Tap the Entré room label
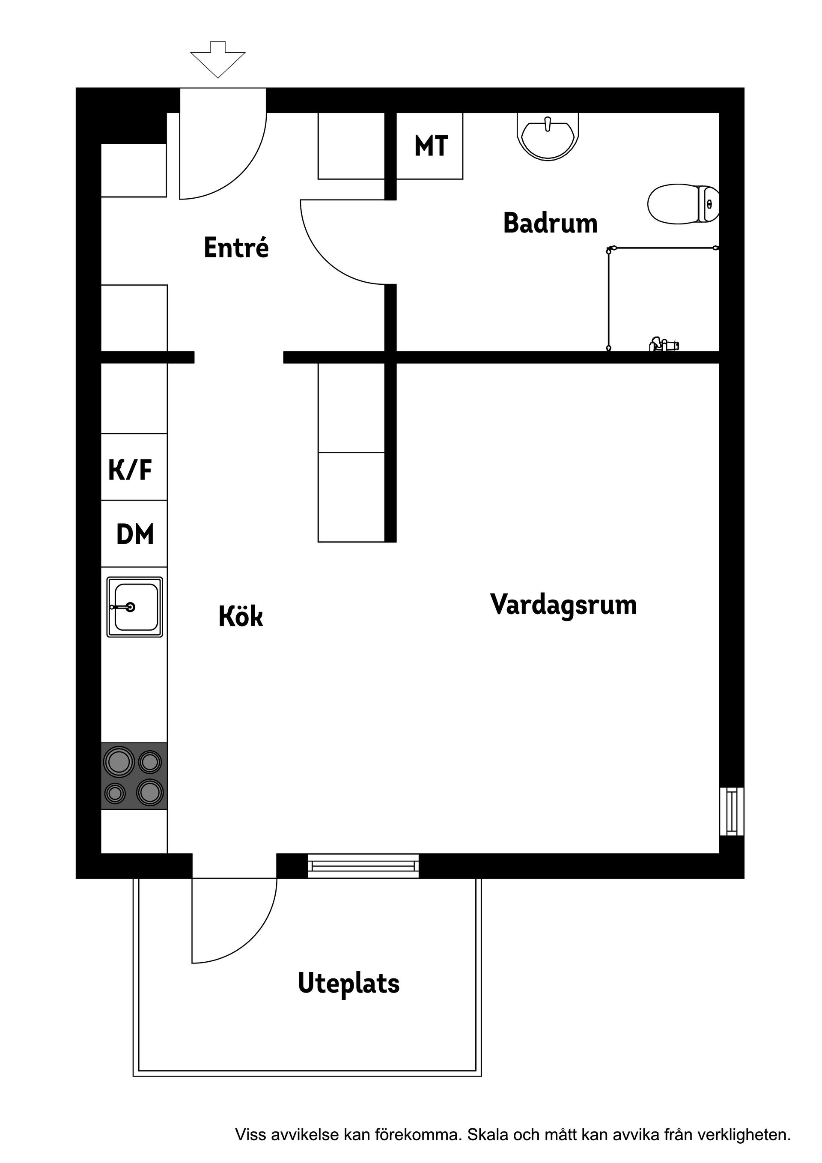pos(236,248)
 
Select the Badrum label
pos(551,224)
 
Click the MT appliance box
pos(429,146)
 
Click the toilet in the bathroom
pos(683,204)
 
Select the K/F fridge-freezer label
pos(130,470)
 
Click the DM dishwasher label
pos(135,534)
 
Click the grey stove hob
pos(134,776)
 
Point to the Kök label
pos(241,617)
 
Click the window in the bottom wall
pos(363,866)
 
